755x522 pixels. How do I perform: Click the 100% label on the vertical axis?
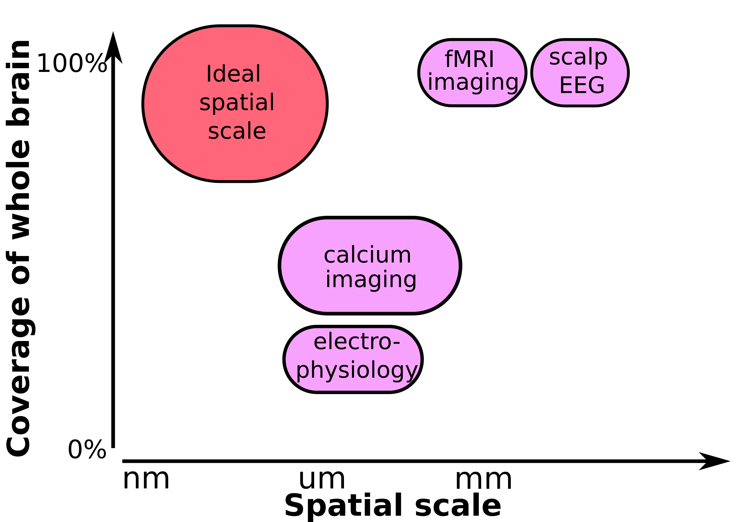pos(72,63)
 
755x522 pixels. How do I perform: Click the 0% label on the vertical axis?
pos(87,450)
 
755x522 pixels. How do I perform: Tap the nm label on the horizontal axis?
pos(146,481)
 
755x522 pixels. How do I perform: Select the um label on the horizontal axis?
pos(322,481)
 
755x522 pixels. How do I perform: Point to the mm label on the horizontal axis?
pos(483,481)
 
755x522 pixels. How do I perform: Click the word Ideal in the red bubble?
pos(233,74)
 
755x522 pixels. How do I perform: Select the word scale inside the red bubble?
pos(237,131)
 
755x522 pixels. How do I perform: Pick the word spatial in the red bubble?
pos(237,103)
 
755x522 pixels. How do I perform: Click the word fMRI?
pos(469,59)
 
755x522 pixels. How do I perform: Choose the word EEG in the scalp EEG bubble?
pos(582,85)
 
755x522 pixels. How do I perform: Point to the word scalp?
pos(578,58)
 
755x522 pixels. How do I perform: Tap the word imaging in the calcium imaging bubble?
pos(371,280)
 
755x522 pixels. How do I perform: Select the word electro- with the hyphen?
pos(357,342)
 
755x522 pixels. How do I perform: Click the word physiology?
pos(357,371)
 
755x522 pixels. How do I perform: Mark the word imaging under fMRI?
pos(473,82)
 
